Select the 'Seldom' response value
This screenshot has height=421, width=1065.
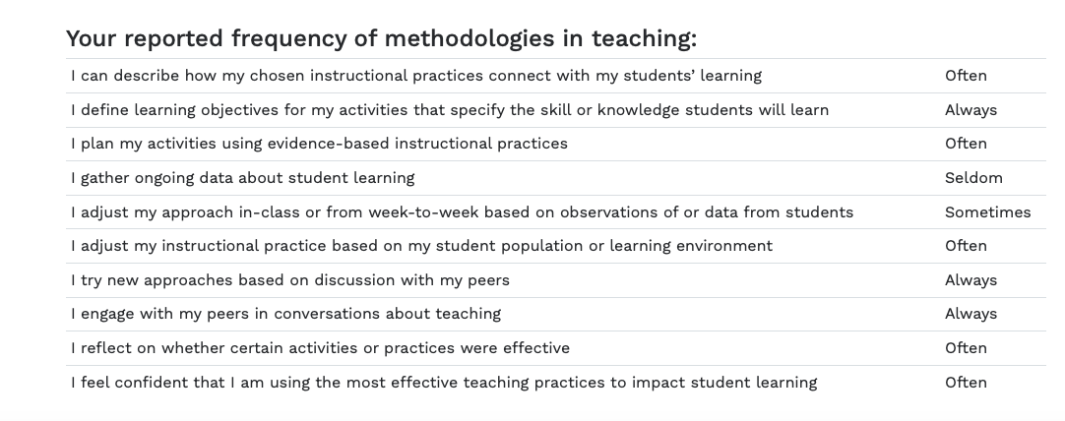[x=973, y=178]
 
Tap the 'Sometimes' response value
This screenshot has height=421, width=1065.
[x=987, y=211]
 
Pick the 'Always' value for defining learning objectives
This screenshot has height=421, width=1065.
[x=971, y=110]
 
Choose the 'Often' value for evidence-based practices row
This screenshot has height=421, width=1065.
[x=966, y=144]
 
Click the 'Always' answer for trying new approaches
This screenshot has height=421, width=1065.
[x=971, y=280]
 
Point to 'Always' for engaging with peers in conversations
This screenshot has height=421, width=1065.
[x=971, y=314]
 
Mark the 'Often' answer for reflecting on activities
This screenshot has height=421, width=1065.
[x=966, y=347]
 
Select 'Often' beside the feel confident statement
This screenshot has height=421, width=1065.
[x=966, y=383]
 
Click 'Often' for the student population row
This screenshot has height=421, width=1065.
[x=966, y=246]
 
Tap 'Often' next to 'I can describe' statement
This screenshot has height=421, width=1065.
[x=966, y=76]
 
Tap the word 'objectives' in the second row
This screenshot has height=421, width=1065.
[x=238, y=111]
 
